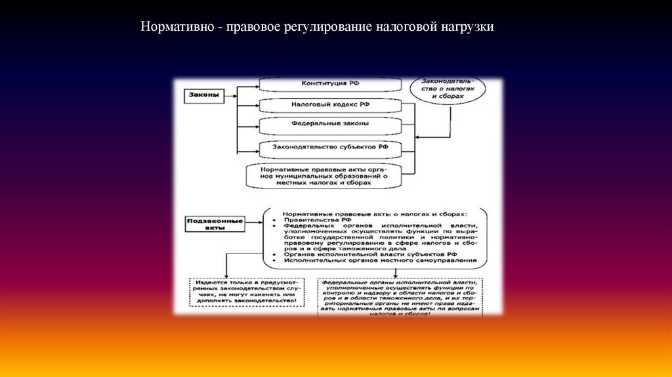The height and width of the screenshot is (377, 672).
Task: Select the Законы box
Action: coord(202,95)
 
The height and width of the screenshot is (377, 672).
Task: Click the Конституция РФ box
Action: coord(330,84)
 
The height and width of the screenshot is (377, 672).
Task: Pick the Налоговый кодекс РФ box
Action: coord(330,104)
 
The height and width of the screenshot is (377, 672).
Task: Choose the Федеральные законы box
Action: coord(330,123)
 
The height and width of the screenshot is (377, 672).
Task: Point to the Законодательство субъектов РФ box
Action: coord(330,147)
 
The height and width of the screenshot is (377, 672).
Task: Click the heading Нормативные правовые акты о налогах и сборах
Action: coord(375,214)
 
